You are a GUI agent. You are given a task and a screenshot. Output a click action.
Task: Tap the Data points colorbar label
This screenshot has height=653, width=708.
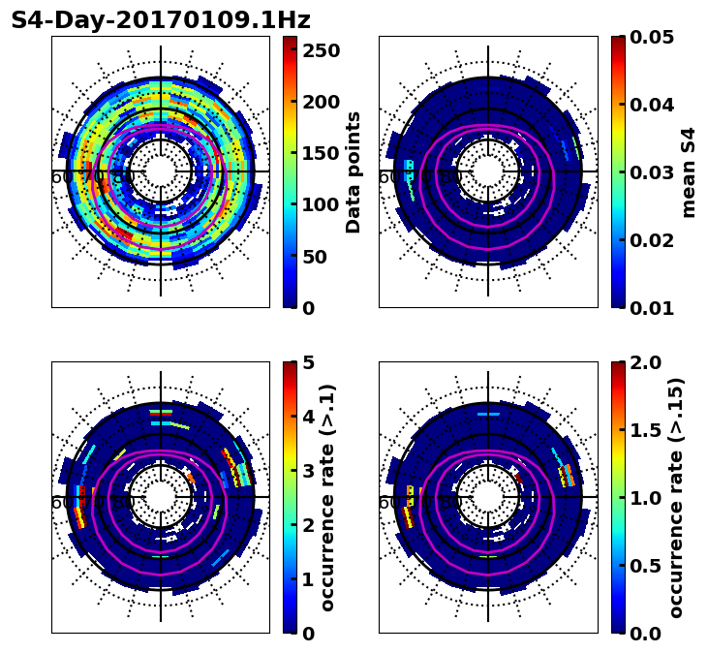point(354,171)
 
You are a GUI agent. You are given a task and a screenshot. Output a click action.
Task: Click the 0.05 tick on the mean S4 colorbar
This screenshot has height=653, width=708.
point(650,37)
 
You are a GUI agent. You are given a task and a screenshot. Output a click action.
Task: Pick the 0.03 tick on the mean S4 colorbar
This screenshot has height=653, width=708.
point(650,172)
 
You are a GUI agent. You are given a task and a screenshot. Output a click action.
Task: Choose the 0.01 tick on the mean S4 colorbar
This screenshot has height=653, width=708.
point(650,308)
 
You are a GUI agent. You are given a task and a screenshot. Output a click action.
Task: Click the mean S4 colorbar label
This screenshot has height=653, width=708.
point(689,171)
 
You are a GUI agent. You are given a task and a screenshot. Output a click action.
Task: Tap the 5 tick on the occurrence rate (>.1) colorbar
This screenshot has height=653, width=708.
point(309,362)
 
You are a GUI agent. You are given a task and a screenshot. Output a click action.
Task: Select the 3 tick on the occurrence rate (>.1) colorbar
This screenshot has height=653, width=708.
point(309,471)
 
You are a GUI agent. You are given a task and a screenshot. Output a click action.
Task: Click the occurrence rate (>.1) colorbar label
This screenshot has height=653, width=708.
point(327,497)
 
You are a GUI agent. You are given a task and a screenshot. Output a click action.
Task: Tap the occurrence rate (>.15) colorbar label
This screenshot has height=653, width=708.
point(676,497)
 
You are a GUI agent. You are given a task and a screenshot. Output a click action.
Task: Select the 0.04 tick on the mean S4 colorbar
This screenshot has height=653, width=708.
point(650,105)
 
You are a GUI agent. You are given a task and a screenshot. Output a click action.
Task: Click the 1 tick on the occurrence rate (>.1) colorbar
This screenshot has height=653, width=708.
point(309,579)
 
